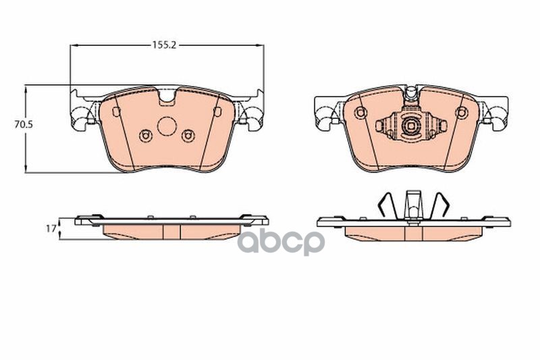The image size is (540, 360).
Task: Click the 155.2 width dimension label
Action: click(x=163, y=45)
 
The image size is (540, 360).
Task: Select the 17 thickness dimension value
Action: click(x=50, y=229)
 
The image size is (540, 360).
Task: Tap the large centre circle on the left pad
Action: click(x=167, y=126)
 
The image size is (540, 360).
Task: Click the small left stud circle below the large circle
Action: click(x=145, y=136)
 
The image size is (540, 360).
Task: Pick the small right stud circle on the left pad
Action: click(x=188, y=136)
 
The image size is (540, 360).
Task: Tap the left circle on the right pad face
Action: click(x=360, y=112)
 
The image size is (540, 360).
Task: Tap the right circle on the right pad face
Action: click(x=462, y=112)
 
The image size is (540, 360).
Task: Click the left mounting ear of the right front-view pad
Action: click(x=327, y=112)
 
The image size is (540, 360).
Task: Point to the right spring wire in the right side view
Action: click(x=440, y=205)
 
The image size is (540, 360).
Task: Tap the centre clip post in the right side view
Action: click(x=412, y=205)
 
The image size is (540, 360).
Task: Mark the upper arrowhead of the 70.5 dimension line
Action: click(x=26, y=88)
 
